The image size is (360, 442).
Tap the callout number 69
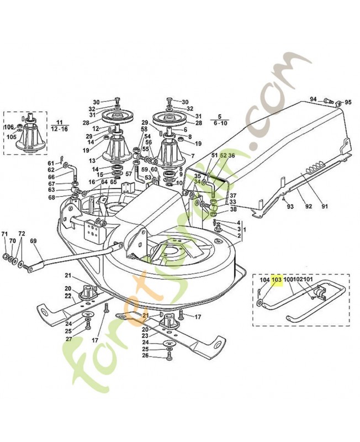point(33,241)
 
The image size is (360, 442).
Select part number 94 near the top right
point(313,99)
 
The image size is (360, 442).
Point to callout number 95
point(348,102)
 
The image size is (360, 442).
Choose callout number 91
point(325,207)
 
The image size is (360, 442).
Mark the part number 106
point(9,127)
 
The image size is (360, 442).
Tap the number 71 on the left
point(5,234)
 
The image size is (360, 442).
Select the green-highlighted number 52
point(224,156)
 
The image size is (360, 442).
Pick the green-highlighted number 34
point(197,182)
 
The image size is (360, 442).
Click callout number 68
point(51,197)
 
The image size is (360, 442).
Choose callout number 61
point(51,163)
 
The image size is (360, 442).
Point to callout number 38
point(233,209)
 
